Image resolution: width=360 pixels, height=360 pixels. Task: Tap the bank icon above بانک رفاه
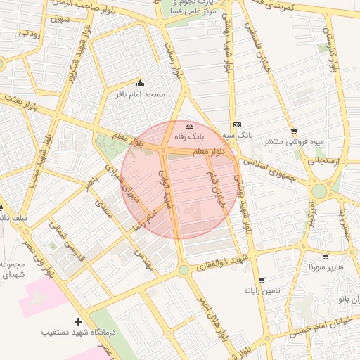tap(188, 124)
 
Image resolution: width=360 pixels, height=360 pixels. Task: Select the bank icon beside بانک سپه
tap(237, 124)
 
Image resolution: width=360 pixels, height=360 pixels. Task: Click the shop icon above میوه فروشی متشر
tap(293, 131)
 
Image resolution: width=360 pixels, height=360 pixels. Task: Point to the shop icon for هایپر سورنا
tap(326, 257)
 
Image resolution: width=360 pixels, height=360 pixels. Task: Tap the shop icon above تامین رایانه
tap(262, 280)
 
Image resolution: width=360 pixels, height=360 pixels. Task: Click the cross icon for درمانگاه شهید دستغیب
tap(78, 321)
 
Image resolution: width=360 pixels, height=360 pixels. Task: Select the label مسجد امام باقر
tap(140, 94)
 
